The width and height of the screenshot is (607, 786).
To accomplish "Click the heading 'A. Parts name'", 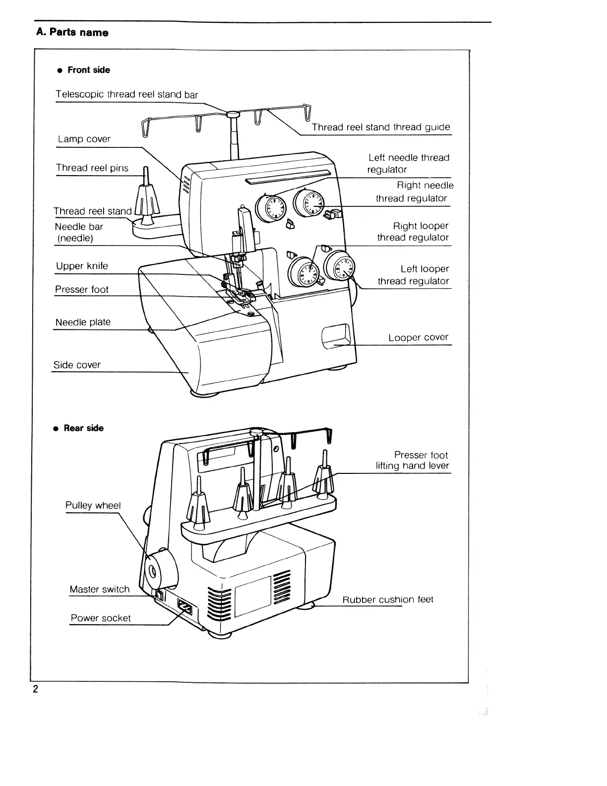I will [72, 33].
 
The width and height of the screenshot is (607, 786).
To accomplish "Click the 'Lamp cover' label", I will [84, 139].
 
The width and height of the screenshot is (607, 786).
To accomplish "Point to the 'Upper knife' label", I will [82, 266].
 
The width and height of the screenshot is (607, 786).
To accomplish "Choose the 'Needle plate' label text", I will [83, 322].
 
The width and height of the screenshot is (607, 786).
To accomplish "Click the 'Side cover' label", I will [77, 365].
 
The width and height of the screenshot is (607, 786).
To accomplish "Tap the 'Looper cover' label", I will [418, 337].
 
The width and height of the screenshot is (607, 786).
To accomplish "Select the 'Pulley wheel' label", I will [93, 505].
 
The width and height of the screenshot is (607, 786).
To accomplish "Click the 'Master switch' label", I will [99, 589].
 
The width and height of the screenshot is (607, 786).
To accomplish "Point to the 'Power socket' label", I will [101, 618].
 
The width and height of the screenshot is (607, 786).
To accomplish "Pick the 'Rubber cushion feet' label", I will [388, 599].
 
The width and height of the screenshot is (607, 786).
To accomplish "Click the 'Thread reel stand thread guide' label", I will [381, 127].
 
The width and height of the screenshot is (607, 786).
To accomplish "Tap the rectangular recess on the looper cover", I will [337, 336].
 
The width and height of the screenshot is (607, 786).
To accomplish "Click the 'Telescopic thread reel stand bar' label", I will [126, 94].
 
